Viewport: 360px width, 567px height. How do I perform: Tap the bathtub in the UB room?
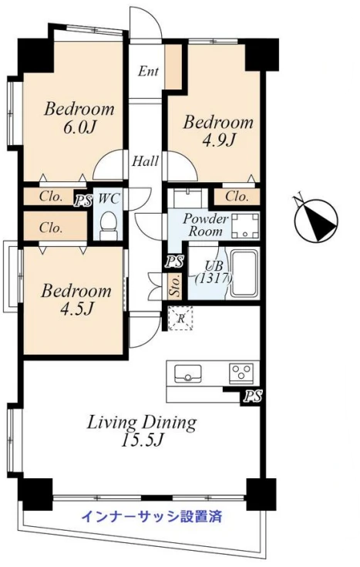tap(244, 272)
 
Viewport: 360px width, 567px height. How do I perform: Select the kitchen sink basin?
tap(187, 373)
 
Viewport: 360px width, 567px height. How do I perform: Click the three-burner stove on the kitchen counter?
tap(241, 372)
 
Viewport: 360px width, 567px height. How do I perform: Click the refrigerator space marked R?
tap(180, 318)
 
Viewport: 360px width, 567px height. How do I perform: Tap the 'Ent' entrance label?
tap(148, 71)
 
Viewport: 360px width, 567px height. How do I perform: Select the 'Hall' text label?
tap(145, 161)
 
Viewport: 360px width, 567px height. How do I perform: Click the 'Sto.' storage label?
tap(176, 286)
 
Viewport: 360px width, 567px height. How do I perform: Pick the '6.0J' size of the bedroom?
tap(81, 127)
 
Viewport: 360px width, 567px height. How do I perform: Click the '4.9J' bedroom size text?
tap(218, 140)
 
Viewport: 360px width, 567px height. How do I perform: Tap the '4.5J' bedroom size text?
tap(76, 309)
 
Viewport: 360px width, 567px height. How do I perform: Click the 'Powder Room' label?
tap(205, 225)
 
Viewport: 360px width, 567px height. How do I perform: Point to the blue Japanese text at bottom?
tap(151, 516)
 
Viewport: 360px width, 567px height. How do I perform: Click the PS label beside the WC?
tap(83, 201)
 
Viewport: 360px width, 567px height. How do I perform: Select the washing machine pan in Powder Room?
tap(245, 225)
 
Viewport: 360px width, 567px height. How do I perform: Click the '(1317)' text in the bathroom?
tap(214, 278)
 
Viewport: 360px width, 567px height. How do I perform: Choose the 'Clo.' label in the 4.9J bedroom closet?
tap(237, 197)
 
